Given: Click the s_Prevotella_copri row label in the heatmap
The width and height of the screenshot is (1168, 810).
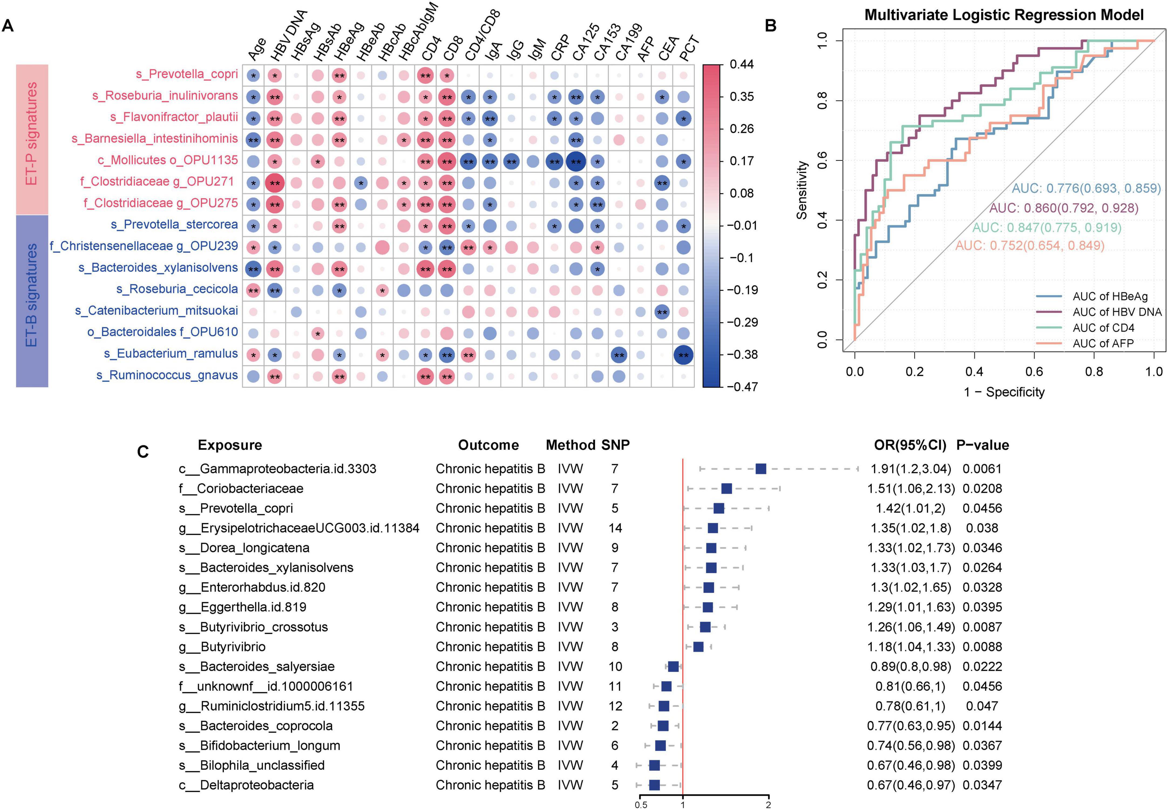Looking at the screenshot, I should coord(186,74).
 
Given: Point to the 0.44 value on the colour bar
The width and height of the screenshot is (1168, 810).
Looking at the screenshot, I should coord(741,64).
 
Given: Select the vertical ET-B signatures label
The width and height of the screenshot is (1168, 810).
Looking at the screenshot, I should coord(32,295).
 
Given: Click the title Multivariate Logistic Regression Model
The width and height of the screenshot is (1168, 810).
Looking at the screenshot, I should coord(1004,15).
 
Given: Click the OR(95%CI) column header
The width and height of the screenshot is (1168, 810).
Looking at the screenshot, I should coord(910,445).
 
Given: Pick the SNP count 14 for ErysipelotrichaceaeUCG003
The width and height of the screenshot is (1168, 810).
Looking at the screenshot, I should coord(615,528).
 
